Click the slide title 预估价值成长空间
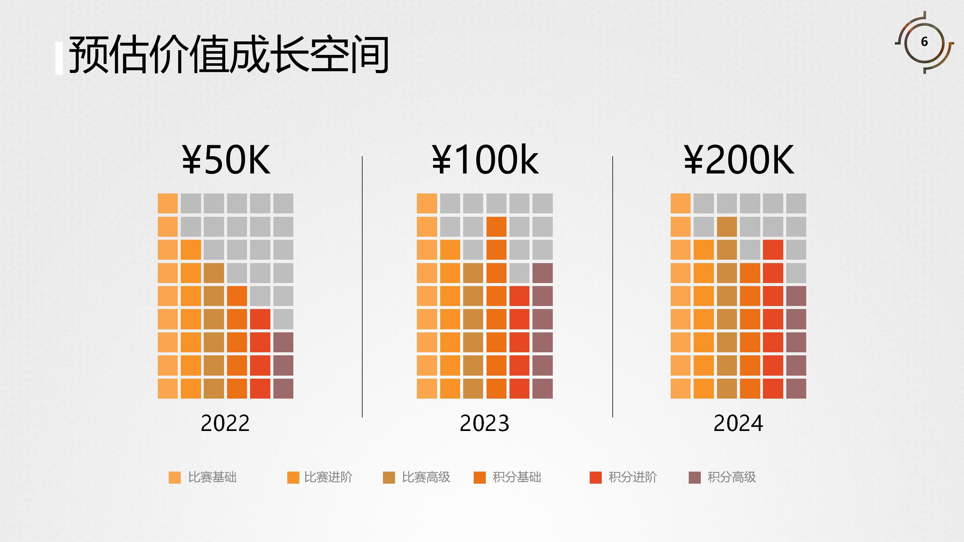[228, 55]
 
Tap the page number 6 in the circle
[924, 41]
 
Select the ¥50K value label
[226, 160]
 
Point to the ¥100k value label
[485, 160]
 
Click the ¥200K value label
[739, 160]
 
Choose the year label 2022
[225, 423]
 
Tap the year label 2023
[484, 423]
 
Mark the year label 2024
[738, 423]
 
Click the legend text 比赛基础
[212, 477]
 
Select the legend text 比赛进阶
[328, 477]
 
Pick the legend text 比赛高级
[426, 477]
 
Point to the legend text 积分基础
[517, 477]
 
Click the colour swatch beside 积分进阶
[595, 477]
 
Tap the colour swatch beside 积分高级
[694, 477]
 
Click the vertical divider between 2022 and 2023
[362, 286]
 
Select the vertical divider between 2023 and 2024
[613, 286]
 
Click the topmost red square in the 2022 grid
[260, 319]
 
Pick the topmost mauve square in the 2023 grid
[543, 273]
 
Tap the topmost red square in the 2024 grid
[773, 250]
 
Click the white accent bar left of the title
[59, 58]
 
